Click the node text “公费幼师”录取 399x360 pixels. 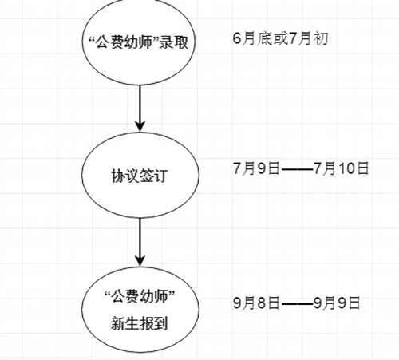pyautogui.click(x=139, y=42)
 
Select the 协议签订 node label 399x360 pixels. pyautogui.click(x=140, y=176)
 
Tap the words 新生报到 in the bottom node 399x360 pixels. pyautogui.click(x=140, y=323)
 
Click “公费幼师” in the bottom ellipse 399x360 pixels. pyautogui.click(x=140, y=296)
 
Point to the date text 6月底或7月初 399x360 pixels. pyautogui.click(x=280, y=38)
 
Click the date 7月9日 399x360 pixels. pyautogui.click(x=256, y=168)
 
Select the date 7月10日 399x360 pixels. pyautogui.click(x=342, y=168)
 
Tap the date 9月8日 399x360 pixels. pyautogui.click(x=256, y=303)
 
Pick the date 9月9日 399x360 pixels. pyautogui.click(x=337, y=303)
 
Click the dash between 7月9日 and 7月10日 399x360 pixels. pyautogui.click(x=297, y=169)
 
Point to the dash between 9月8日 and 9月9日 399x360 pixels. pyautogui.click(x=297, y=303)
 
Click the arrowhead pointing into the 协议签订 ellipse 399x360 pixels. pyautogui.click(x=140, y=126)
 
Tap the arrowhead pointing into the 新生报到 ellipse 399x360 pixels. pyautogui.click(x=140, y=261)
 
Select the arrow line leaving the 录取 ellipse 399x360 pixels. pyautogui.click(x=140, y=108)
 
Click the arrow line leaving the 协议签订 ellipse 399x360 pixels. pyautogui.click(x=140, y=242)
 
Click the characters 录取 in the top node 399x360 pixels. pyautogui.click(x=174, y=42)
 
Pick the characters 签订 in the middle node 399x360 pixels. pyautogui.click(x=154, y=176)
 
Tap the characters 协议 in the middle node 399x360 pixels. pyautogui.click(x=125, y=176)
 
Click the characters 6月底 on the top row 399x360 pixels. pyautogui.click(x=252, y=38)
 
